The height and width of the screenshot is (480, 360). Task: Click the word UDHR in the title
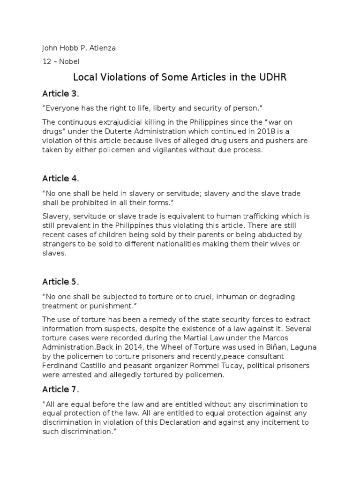(x=271, y=77)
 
